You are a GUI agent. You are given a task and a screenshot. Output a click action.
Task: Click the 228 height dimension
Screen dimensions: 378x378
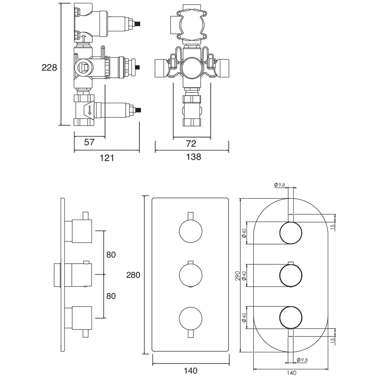49,67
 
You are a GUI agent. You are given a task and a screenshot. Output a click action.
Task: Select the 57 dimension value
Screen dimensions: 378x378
89,142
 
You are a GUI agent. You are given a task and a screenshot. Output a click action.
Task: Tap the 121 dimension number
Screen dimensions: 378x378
107,157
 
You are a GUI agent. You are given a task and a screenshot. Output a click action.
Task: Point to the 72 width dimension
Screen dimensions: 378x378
191,144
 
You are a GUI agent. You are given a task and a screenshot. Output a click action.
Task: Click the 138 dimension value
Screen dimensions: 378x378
193,157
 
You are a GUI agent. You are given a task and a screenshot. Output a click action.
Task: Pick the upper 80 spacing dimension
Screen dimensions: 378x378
111,255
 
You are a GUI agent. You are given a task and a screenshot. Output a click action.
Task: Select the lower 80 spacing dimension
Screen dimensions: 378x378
111,296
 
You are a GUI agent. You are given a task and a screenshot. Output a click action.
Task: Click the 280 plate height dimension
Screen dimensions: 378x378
133,275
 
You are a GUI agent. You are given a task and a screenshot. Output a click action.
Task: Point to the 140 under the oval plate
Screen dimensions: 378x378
291,373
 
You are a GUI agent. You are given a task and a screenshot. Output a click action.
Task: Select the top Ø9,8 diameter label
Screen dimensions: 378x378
279,185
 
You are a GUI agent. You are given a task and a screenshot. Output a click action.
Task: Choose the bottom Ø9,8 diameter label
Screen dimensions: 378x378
302,360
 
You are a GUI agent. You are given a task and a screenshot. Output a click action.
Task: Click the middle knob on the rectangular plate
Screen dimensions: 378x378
190,275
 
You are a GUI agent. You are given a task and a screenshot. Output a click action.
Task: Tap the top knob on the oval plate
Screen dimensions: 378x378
291,233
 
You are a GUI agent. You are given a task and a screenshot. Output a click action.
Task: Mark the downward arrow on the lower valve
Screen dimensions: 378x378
89,110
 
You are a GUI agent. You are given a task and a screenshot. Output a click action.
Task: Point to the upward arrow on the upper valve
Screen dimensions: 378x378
83,39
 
